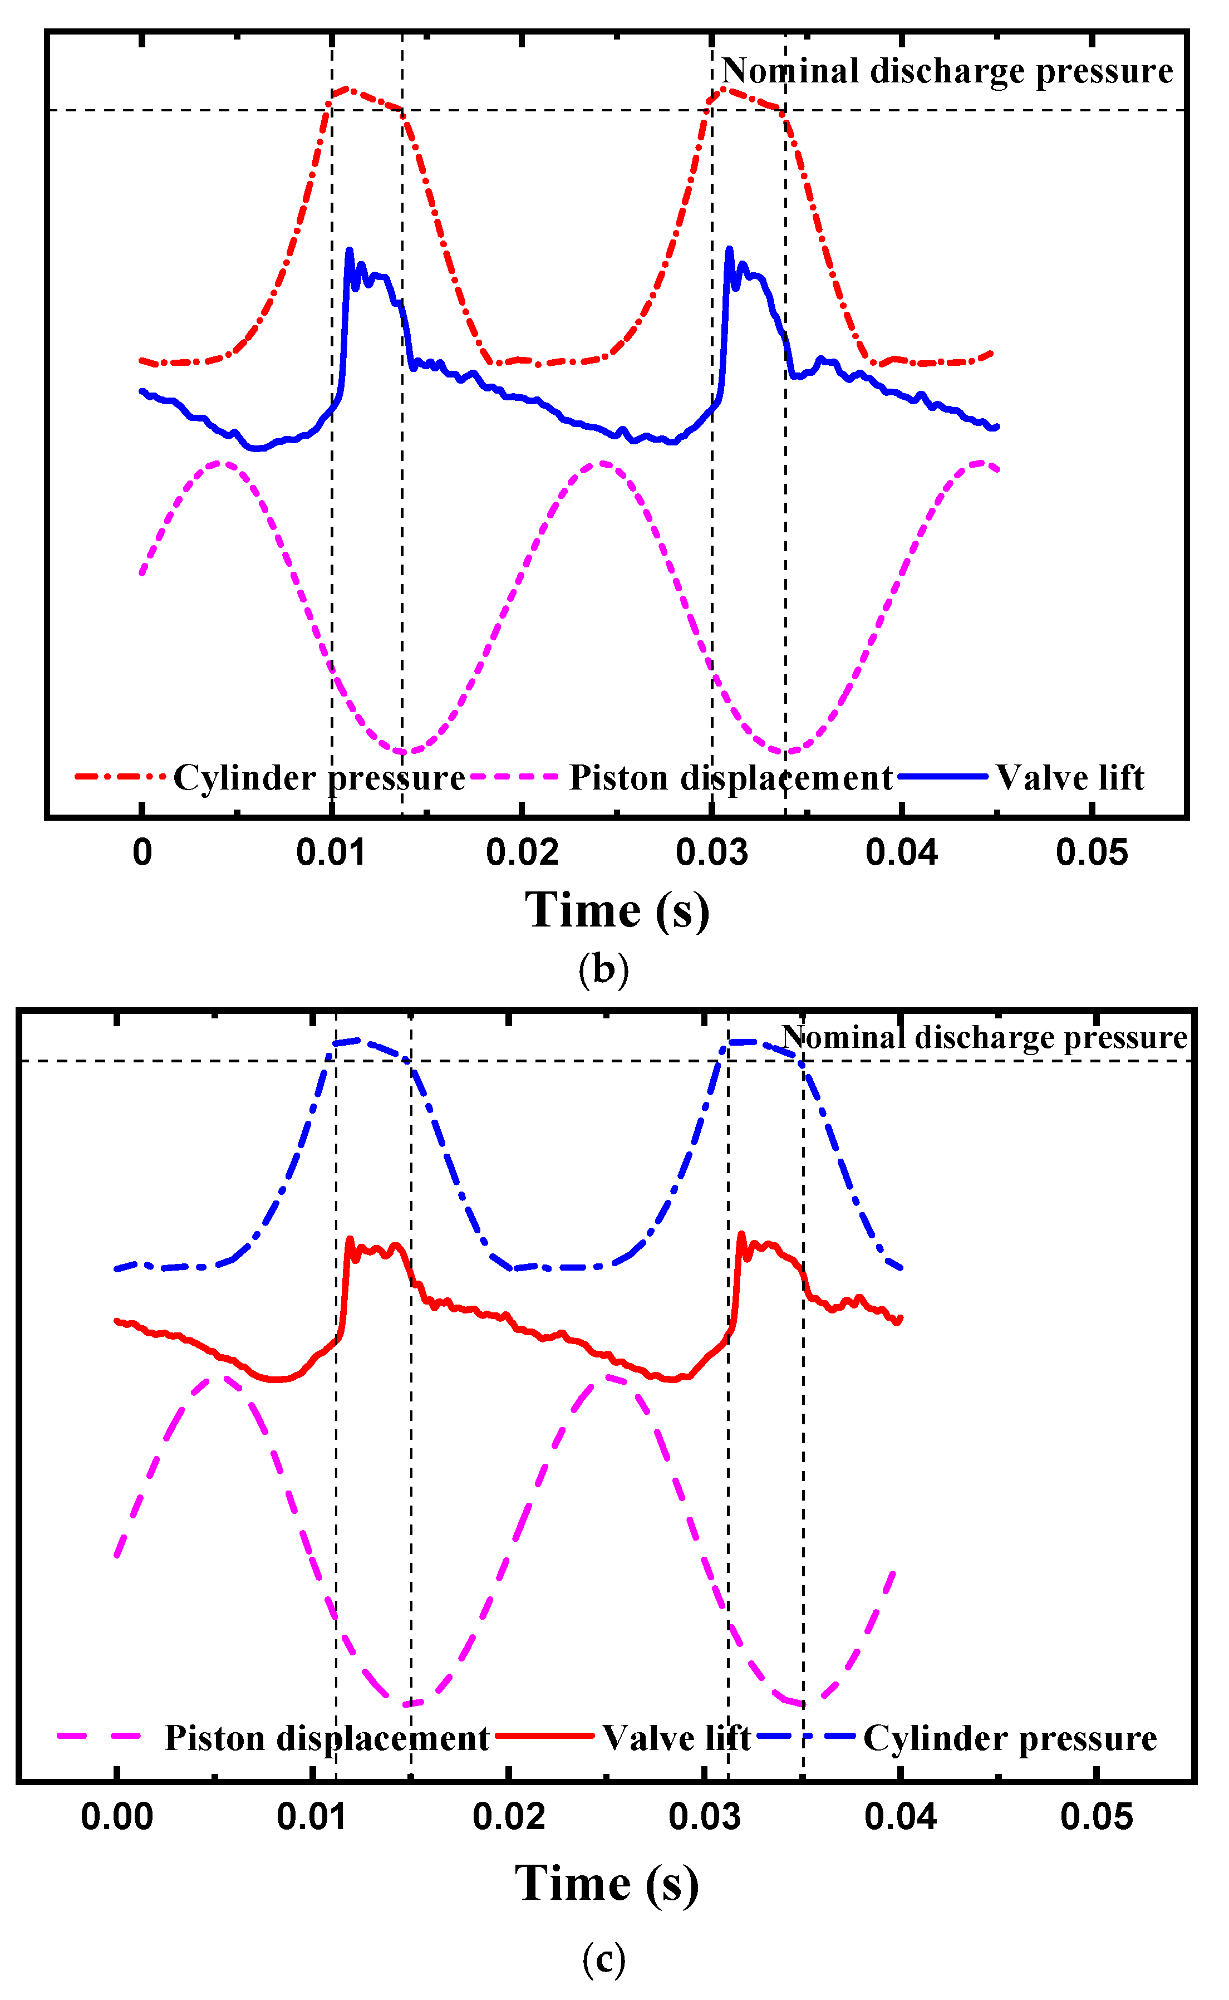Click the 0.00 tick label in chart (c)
[117, 1816]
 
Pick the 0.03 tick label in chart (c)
[705, 1816]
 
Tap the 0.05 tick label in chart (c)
[1097, 1816]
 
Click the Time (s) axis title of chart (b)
[617, 910]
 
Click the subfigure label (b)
[603, 969]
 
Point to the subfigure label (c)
[604, 1959]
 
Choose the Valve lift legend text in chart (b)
[1070, 778]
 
